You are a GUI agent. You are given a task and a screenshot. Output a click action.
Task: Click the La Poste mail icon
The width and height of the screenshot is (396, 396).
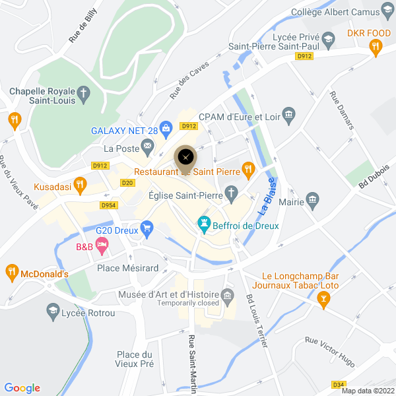(147, 145)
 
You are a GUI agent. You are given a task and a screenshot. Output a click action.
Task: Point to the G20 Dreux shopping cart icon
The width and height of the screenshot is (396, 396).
(147, 228)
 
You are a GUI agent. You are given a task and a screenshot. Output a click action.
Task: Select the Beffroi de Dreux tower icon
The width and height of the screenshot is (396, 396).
(204, 224)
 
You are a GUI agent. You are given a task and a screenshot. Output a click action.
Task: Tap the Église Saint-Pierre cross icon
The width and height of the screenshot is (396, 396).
(230, 194)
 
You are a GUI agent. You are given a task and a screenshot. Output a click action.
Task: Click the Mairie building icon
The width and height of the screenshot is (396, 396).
(313, 199)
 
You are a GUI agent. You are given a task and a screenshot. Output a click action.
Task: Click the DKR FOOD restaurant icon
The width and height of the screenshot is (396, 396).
(376, 46)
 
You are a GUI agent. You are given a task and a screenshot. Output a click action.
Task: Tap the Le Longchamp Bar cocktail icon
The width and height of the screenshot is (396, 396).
(323, 300)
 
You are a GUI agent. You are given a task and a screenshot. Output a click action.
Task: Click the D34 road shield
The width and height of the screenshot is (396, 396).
(339, 385)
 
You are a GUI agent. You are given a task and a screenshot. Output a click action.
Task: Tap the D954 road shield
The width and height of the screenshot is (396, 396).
(109, 205)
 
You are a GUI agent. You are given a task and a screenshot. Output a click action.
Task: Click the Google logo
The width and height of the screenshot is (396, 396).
(22, 388)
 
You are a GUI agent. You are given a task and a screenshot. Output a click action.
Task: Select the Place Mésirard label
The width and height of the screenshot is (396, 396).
(128, 268)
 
